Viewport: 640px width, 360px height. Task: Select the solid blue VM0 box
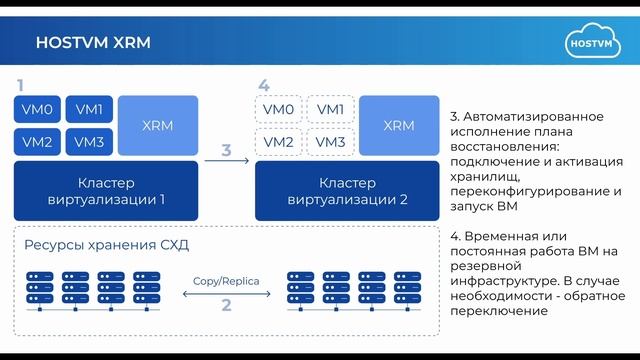click(x=36, y=109)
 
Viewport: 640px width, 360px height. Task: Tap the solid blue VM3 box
click(x=90, y=142)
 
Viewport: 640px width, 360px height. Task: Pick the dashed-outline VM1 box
click(x=330, y=109)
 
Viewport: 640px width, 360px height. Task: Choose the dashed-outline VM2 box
click(x=277, y=142)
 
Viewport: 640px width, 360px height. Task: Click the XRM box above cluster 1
click(x=158, y=125)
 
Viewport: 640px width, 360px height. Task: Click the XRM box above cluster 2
click(x=399, y=125)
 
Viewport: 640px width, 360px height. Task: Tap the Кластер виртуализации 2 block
click(x=348, y=190)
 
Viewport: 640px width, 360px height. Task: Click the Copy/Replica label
click(x=226, y=281)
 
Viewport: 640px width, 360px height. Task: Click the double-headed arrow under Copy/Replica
click(x=226, y=294)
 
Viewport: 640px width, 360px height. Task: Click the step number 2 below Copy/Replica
click(x=226, y=306)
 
